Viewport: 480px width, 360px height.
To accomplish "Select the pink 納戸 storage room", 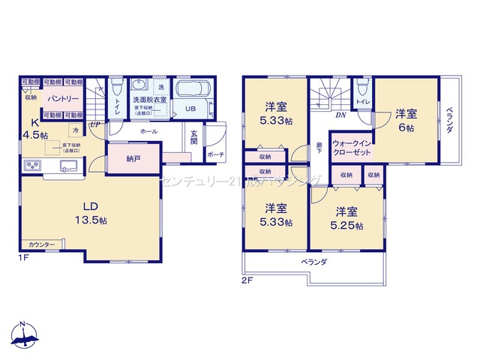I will (133, 158).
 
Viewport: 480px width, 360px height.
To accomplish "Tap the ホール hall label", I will (148, 131).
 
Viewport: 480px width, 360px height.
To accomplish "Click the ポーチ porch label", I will (215, 155).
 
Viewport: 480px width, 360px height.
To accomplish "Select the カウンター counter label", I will (41, 245).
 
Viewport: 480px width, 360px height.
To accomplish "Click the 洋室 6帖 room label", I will (406, 120).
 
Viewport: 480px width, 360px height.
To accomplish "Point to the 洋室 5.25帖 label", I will (349, 217).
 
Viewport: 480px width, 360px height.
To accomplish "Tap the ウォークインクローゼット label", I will (349, 146).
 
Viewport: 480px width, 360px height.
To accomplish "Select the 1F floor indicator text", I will (24, 257).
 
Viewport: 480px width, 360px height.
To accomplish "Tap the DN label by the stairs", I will (340, 115).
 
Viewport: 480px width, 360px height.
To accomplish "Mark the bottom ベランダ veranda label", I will (314, 262).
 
